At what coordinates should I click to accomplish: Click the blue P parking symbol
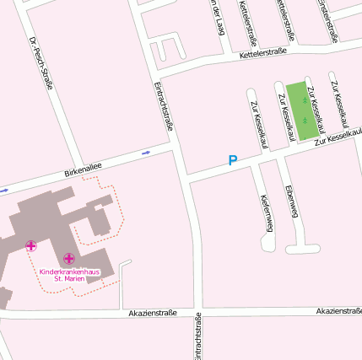click(x=233, y=159)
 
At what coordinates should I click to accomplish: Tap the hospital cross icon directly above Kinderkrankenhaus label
click(x=68, y=258)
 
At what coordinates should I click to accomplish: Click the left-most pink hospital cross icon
click(x=31, y=246)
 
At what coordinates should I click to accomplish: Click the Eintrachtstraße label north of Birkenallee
click(x=165, y=105)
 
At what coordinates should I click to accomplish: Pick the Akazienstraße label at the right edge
click(x=338, y=311)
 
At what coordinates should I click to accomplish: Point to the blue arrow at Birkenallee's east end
click(x=147, y=153)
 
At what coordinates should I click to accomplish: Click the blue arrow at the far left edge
click(x=3, y=190)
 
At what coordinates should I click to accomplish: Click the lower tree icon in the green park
click(x=305, y=119)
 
